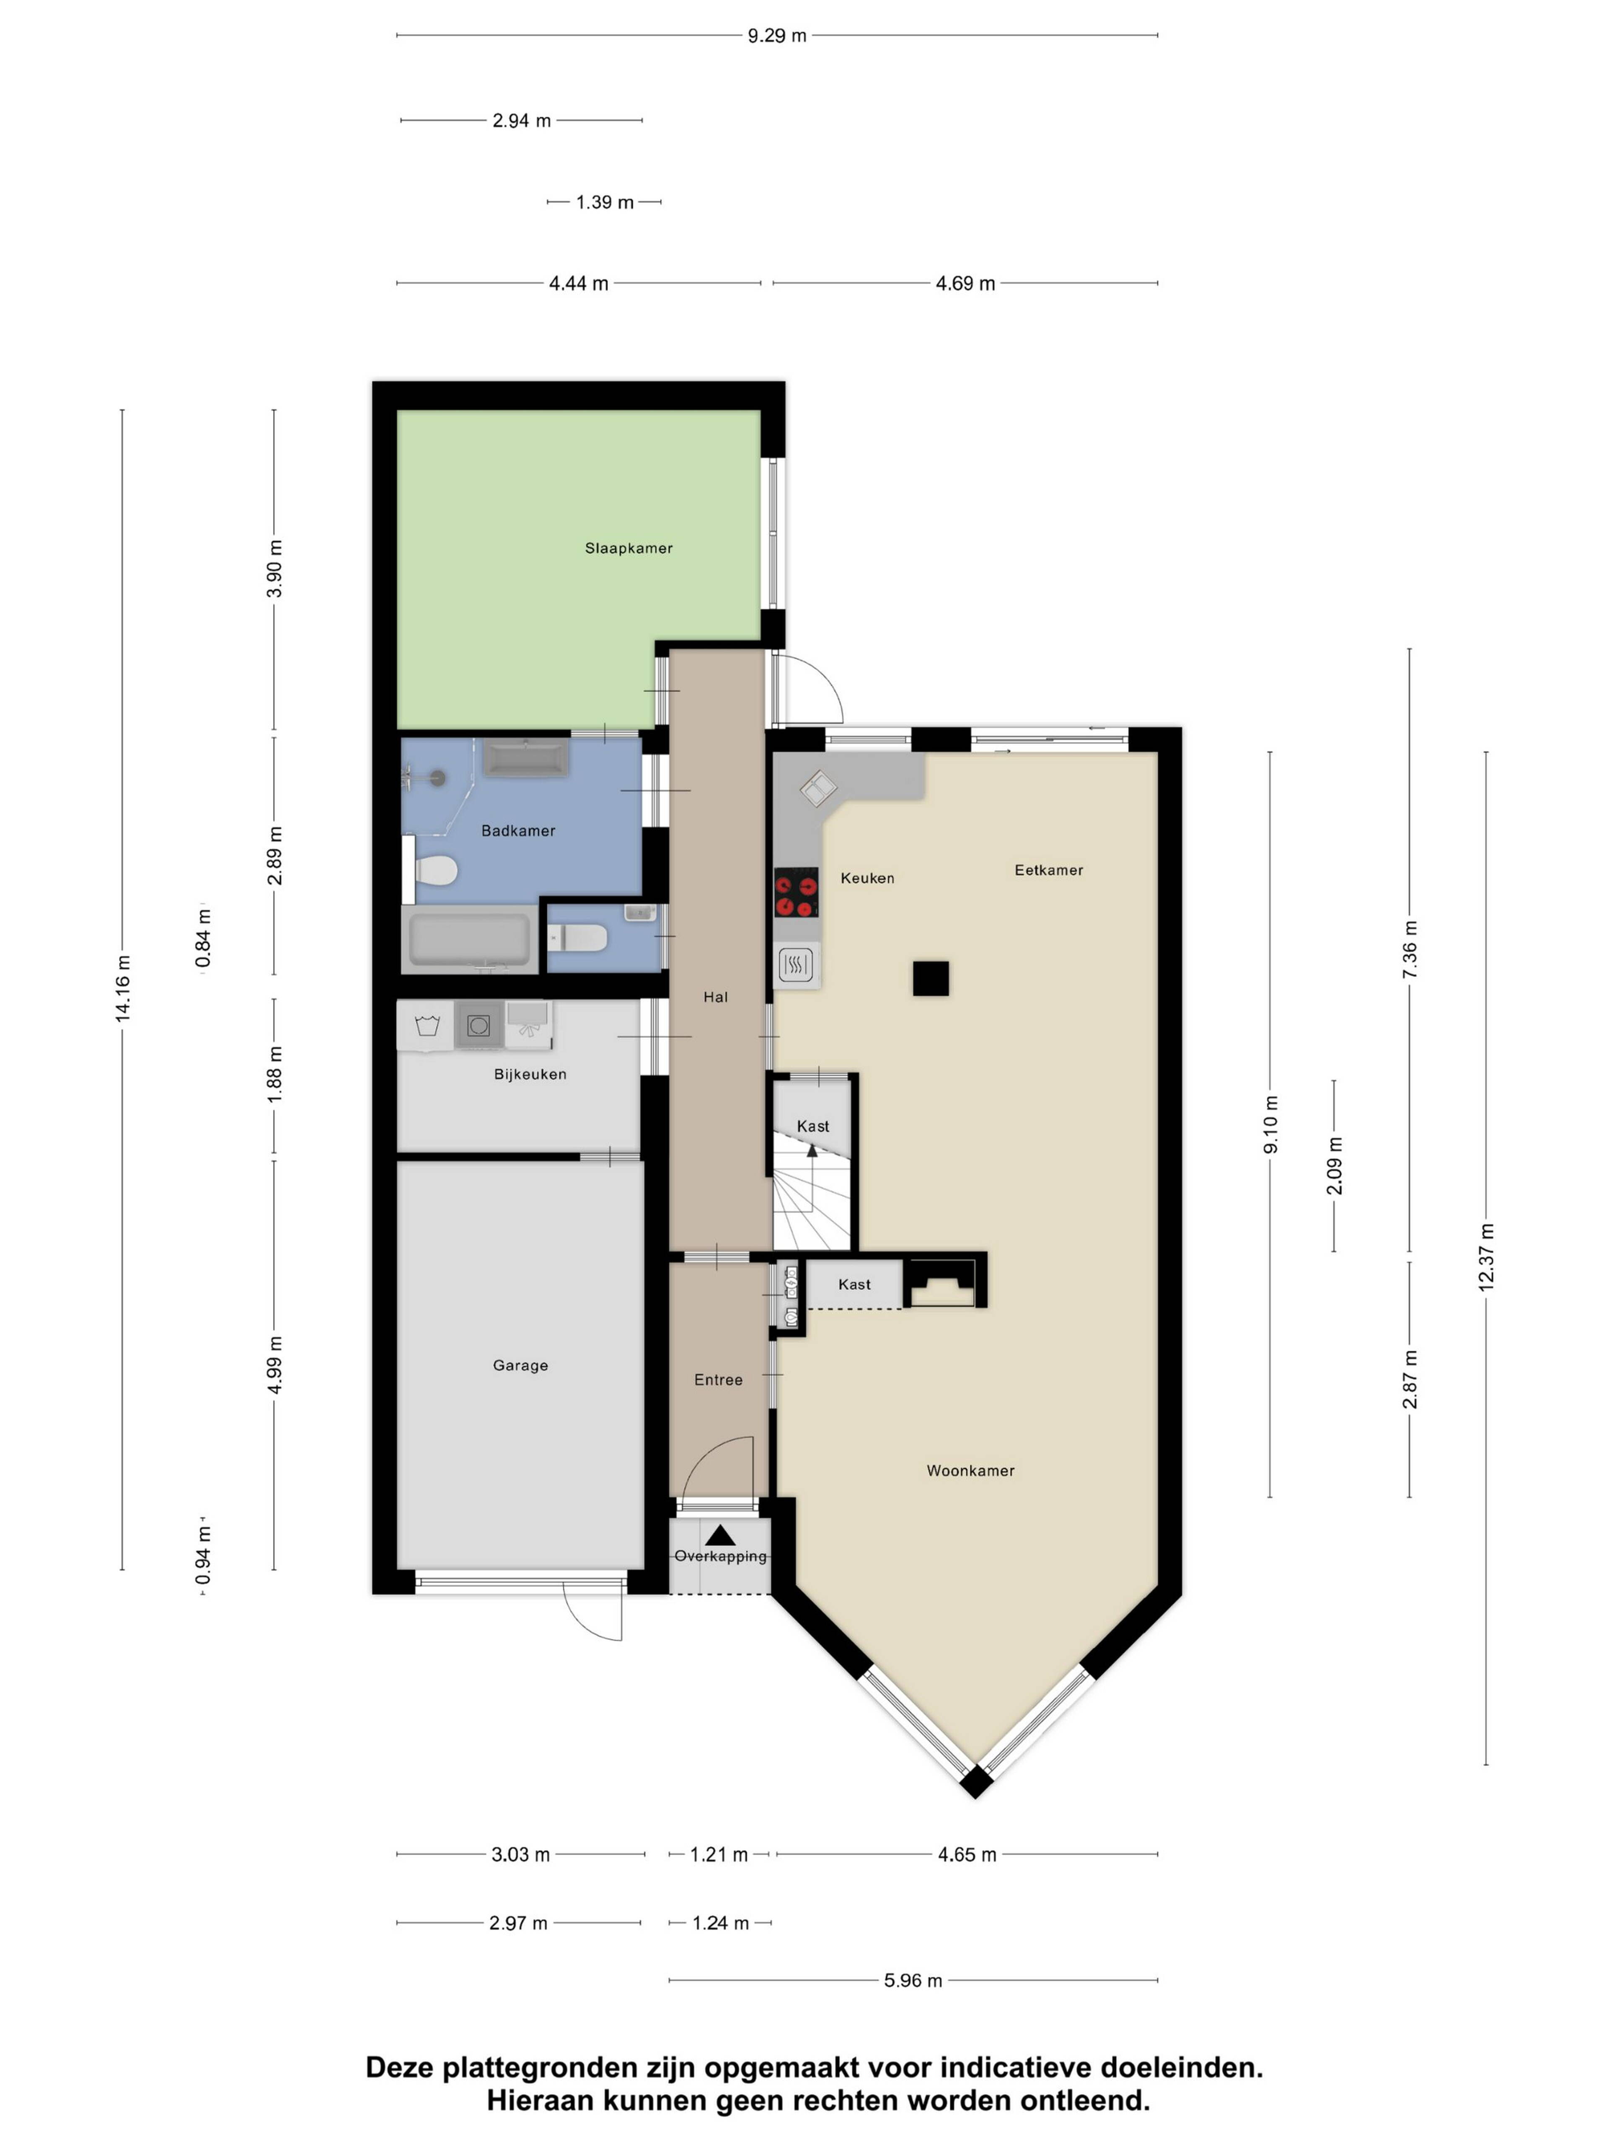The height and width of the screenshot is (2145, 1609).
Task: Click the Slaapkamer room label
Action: [629, 548]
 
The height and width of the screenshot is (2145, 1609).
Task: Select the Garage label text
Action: [520, 1365]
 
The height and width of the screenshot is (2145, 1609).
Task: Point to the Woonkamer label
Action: [970, 1470]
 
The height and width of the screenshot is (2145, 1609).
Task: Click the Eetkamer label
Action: [1048, 870]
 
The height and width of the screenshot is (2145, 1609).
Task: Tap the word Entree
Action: [718, 1380]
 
